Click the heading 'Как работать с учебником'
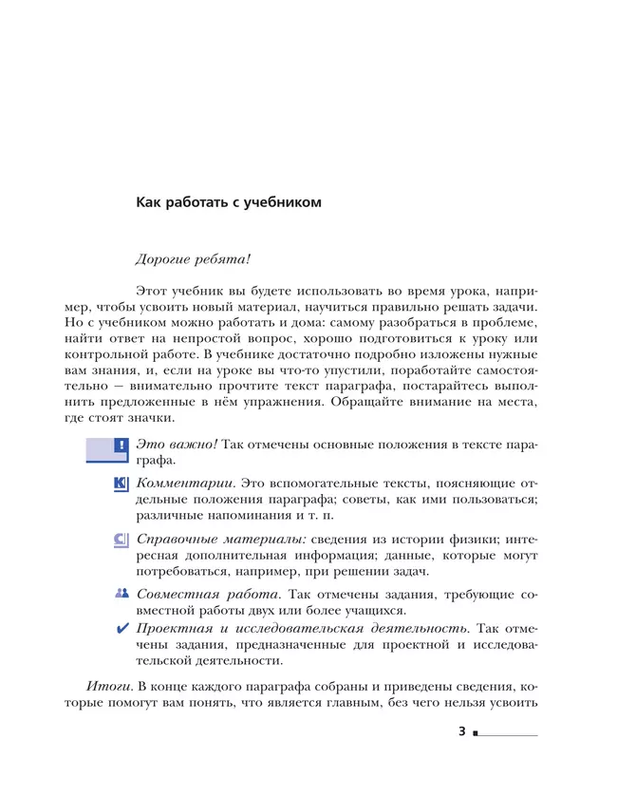230,202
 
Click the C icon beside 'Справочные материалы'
121,539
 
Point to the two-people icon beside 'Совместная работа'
121,594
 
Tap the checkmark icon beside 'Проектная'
121,629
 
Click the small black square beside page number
476,734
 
